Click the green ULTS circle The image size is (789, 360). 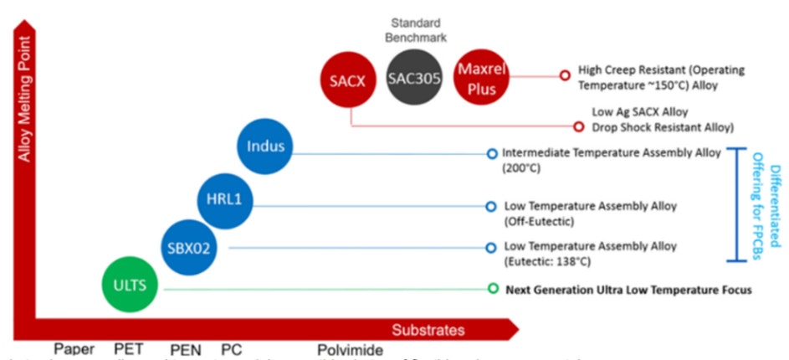click(x=131, y=285)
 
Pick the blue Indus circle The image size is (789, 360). click(x=265, y=147)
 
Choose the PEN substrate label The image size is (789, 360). click(x=186, y=349)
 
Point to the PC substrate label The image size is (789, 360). click(x=232, y=349)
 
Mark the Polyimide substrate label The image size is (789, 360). click(x=350, y=349)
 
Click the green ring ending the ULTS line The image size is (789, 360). click(x=494, y=289)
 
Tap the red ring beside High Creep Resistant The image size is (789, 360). click(x=566, y=75)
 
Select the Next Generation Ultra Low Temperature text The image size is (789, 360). click(x=628, y=290)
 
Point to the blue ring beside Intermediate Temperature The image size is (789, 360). click(x=493, y=154)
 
